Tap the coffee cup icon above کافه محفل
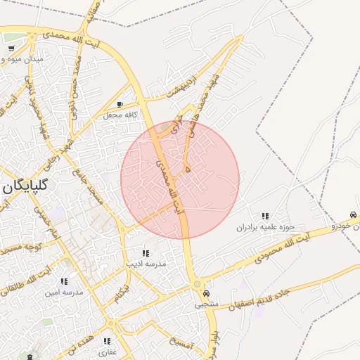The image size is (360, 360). click(120, 104)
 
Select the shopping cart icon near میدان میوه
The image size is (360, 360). click(12, 49)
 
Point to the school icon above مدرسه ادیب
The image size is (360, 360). click(146, 253)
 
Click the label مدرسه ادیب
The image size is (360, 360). click(146, 264)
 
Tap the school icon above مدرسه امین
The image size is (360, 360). click(65, 281)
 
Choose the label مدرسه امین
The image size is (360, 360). click(65, 292)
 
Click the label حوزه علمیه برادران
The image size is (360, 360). click(264, 227)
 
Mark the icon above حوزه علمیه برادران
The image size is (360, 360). click(265, 217)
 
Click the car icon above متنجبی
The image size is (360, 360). click(206, 294)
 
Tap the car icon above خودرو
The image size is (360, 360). click(353, 215)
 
